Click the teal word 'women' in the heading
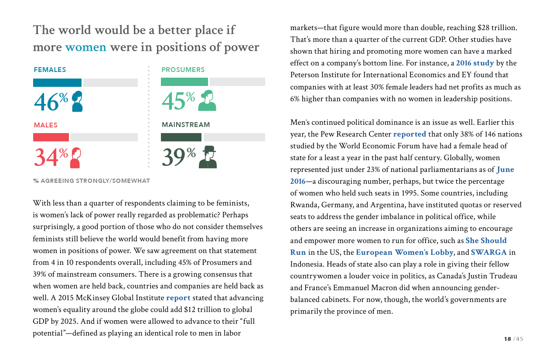[x=85, y=47]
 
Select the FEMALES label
[x=50, y=70]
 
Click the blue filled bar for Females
[x=57, y=82]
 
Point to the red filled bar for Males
[x=51, y=137]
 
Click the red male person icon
[x=75, y=158]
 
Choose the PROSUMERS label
[x=183, y=70]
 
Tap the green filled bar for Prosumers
[x=184, y=82]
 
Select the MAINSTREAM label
[x=186, y=125]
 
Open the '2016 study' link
[x=475, y=63]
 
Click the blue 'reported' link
[x=409, y=134]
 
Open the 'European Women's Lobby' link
[x=405, y=252]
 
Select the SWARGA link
[x=489, y=252]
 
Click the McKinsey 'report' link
[x=178, y=298]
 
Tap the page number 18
[x=507, y=339]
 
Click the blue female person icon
[x=77, y=101]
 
